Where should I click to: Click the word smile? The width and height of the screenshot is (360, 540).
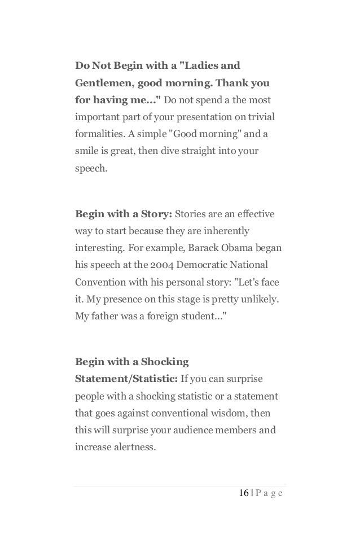(87, 152)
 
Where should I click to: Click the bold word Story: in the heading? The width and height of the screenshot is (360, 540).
(155, 214)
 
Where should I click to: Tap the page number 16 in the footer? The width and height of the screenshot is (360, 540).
(244, 493)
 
